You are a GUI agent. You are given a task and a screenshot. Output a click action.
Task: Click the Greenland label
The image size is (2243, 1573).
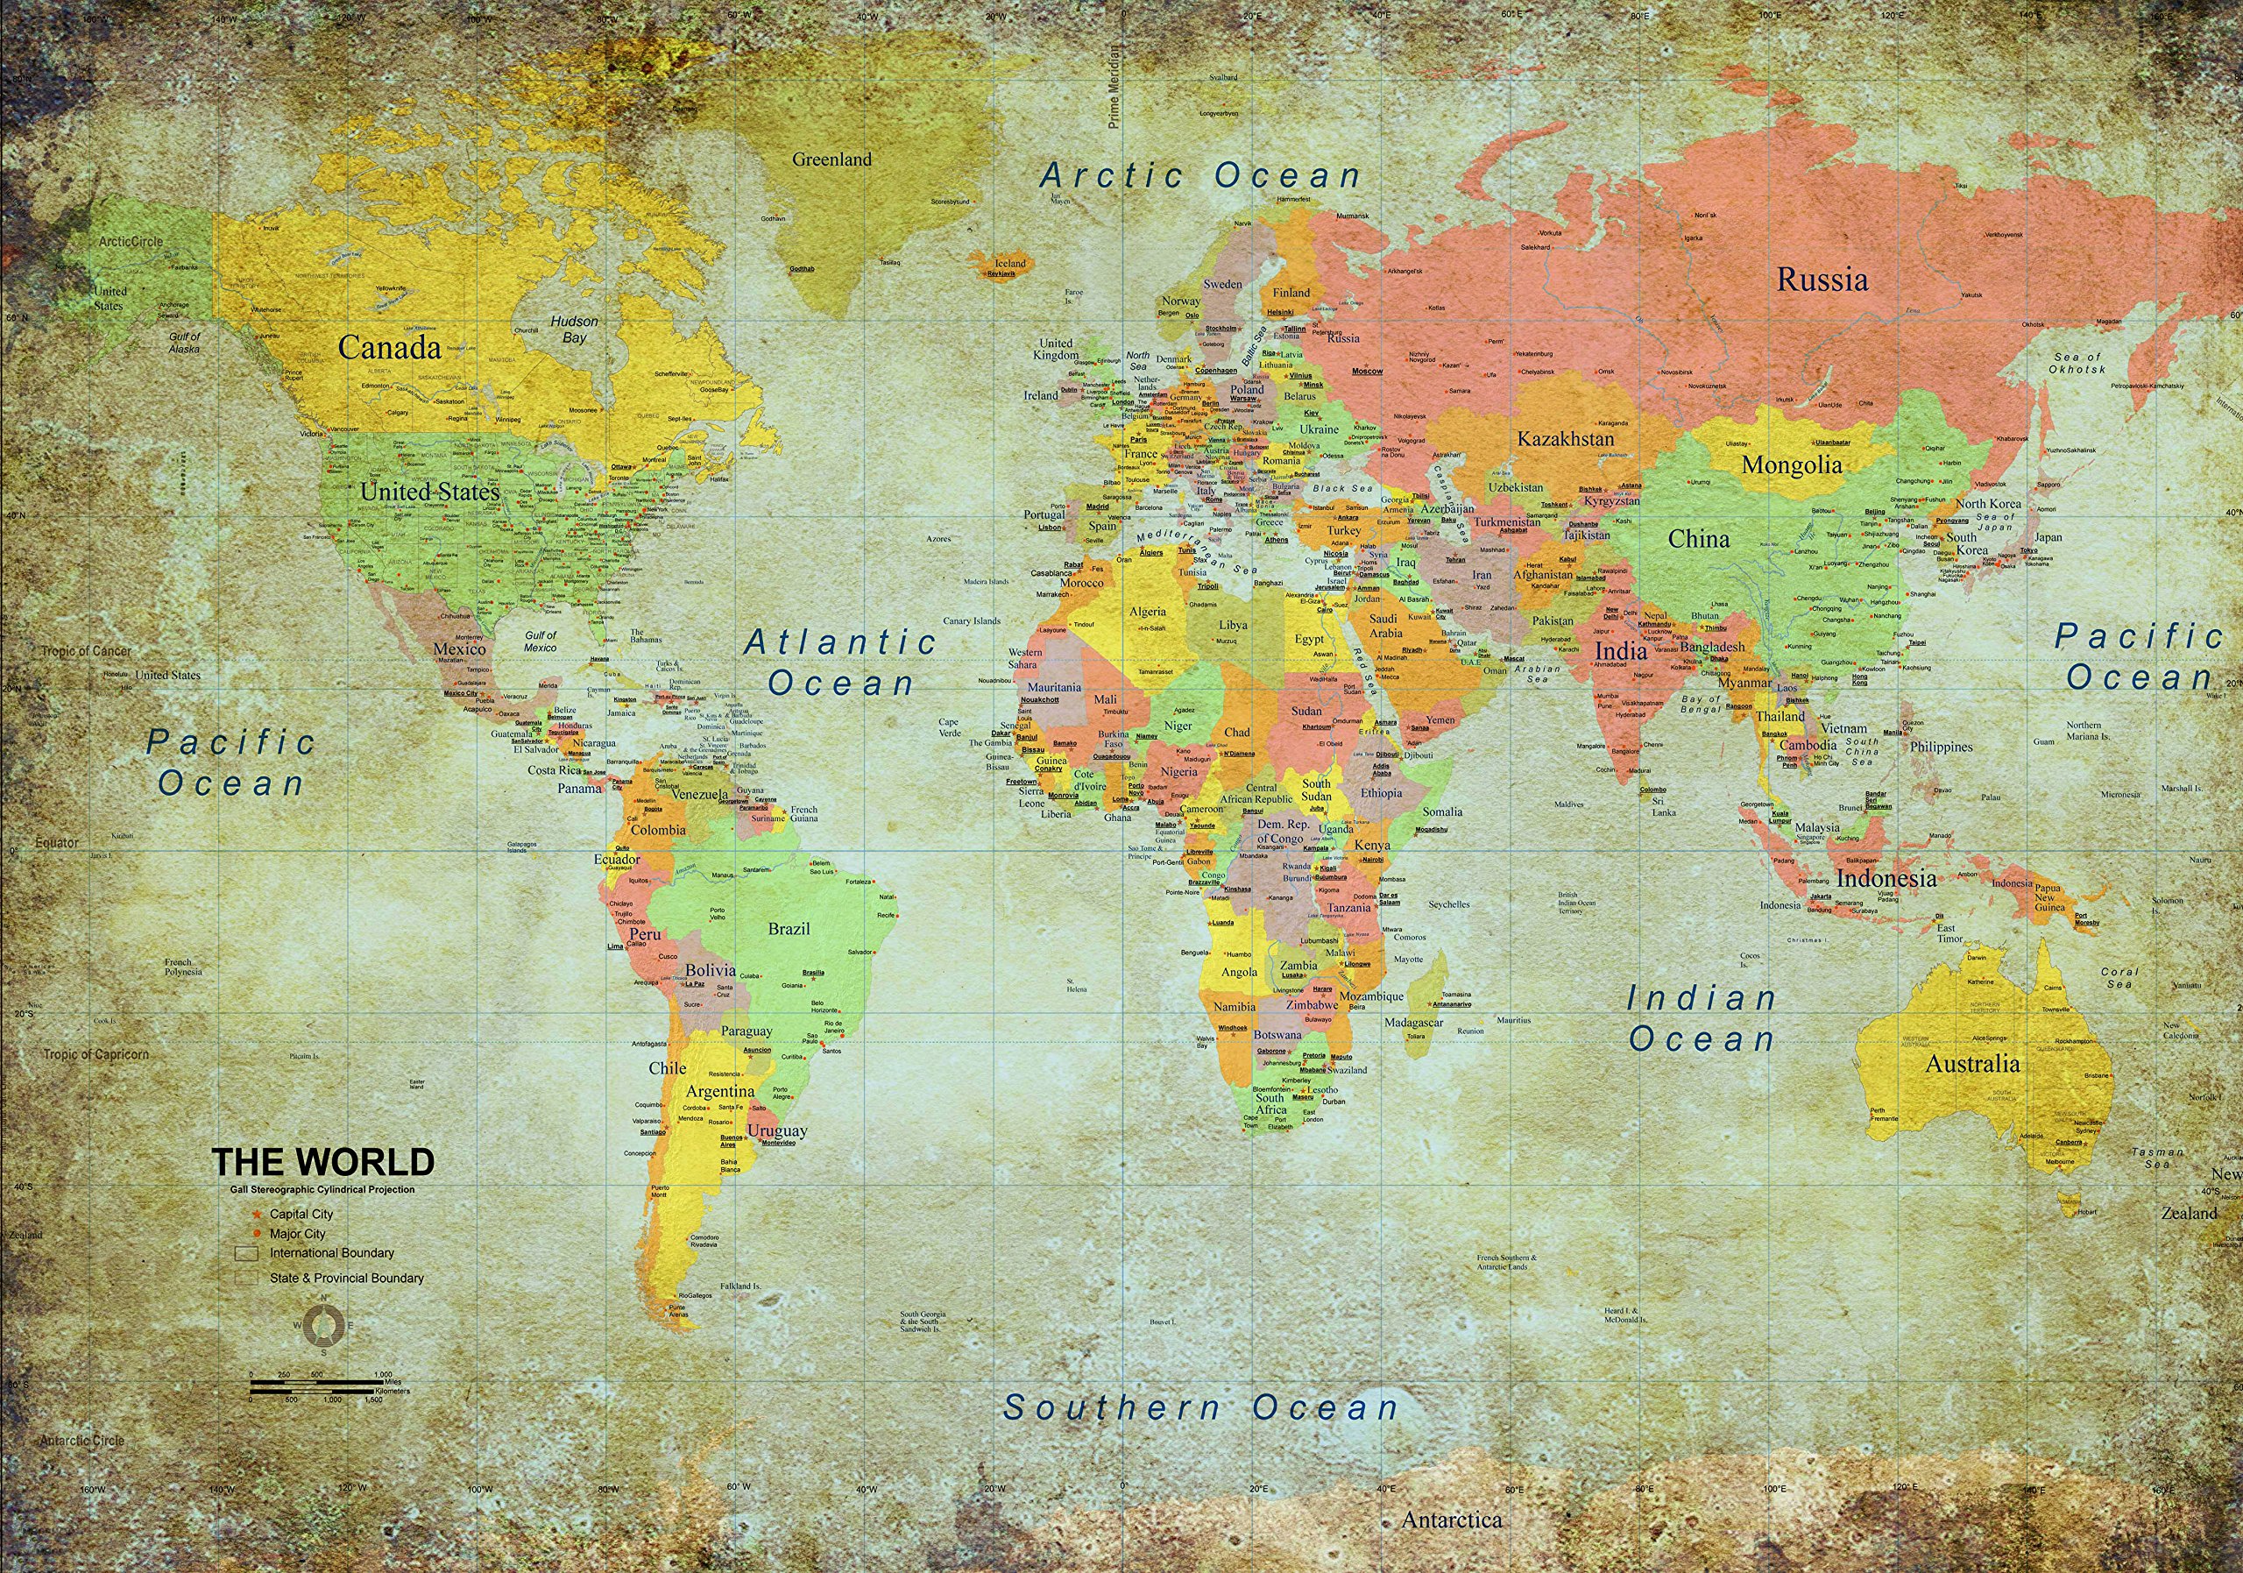831,159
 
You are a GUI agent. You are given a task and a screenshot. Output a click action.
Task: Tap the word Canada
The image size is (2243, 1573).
389,348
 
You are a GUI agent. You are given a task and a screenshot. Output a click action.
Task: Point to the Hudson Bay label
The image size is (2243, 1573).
573,329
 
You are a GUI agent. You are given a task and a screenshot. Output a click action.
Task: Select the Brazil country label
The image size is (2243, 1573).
789,928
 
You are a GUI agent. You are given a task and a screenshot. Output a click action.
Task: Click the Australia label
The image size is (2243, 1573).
1971,1064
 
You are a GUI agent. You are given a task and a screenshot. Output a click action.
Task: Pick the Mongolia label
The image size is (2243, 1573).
1791,465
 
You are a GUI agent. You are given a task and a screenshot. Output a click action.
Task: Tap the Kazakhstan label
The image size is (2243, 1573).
1565,439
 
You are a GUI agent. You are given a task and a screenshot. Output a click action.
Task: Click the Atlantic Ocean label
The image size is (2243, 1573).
840,662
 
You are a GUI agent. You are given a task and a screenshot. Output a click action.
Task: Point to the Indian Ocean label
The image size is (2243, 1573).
1701,1018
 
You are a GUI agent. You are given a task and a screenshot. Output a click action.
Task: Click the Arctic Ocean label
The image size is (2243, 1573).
1200,176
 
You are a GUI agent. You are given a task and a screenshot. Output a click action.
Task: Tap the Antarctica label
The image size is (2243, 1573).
1452,1520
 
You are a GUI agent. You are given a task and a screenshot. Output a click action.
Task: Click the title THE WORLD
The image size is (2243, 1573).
322,1162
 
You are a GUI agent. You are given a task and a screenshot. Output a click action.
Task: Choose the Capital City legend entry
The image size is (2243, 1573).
300,1214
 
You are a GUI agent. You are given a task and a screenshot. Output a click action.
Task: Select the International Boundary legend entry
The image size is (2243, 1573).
331,1252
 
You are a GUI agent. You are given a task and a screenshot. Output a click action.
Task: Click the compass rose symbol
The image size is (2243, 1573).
323,1325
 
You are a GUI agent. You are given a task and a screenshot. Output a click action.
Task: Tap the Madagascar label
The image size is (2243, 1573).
1413,1022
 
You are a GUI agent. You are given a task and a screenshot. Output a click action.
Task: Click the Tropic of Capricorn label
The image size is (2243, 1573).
96,1054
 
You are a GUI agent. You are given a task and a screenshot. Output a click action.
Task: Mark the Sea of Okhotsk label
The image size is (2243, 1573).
2077,364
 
